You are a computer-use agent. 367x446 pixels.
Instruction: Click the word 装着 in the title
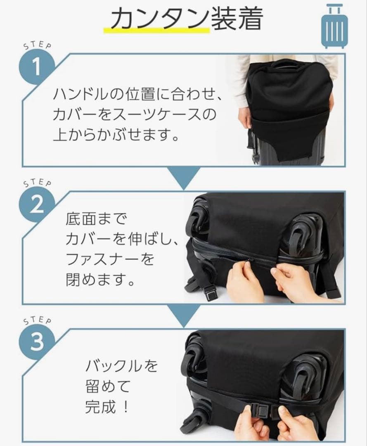click(236, 19)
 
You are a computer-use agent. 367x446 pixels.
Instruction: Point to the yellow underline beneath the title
click(156, 30)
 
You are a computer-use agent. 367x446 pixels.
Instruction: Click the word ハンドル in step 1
click(80, 95)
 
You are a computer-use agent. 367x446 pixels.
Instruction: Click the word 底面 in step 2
click(80, 219)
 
